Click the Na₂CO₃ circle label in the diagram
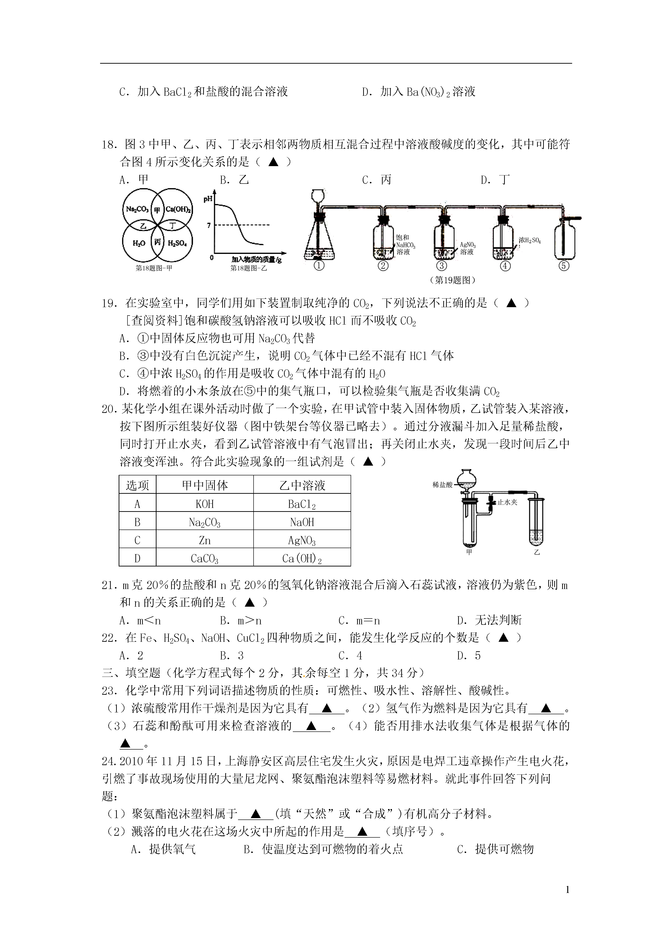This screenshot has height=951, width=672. tap(137, 209)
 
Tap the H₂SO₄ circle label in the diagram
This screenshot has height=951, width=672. tap(177, 244)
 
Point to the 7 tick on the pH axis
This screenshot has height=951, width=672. tap(209, 225)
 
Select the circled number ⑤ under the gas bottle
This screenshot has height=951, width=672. tap(564, 266)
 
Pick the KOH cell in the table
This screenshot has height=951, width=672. tap(205, 504)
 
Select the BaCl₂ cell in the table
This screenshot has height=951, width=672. tap(302, 504)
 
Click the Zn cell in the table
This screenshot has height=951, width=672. tap(205, 540)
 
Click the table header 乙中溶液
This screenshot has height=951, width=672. tap(302, 485)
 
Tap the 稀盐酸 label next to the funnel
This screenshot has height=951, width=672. tap(442, 485)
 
